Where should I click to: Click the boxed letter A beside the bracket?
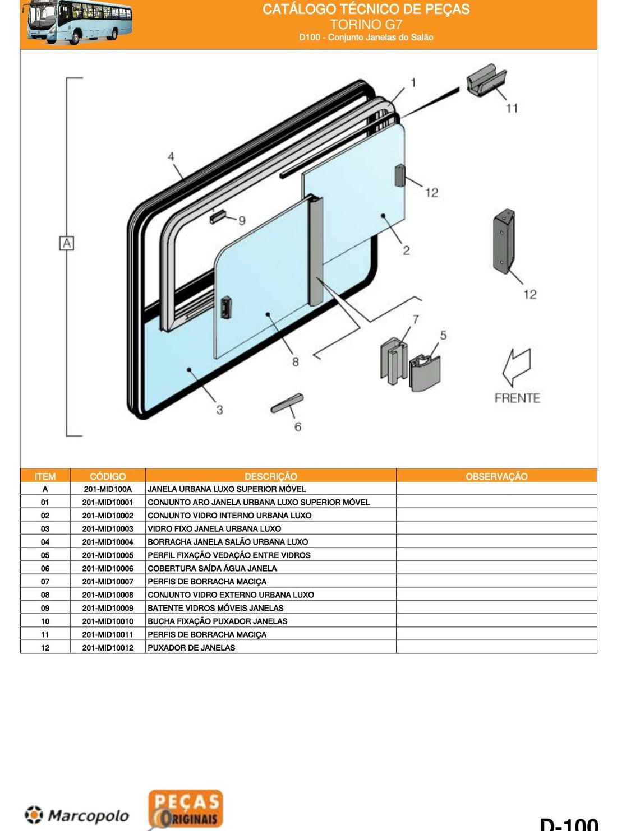point(66,244)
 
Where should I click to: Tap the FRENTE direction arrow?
point(517,367)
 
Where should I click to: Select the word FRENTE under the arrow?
point(517,398)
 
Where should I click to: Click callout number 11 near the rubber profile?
point(512,109)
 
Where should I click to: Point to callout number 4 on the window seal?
point(171,156)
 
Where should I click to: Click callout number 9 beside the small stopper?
point(242,221)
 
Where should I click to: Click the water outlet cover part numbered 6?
point(287,403)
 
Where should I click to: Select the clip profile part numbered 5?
point(424,373)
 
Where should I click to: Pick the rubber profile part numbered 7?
point(393,361)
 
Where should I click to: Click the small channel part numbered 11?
point(486,81)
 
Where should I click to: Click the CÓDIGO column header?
point(108,476)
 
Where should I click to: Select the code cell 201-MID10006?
point(108,568)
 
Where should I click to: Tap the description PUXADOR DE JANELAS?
point(191,648)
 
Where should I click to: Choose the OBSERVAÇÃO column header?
point(496,476)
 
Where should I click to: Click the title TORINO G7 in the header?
point(366,24)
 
